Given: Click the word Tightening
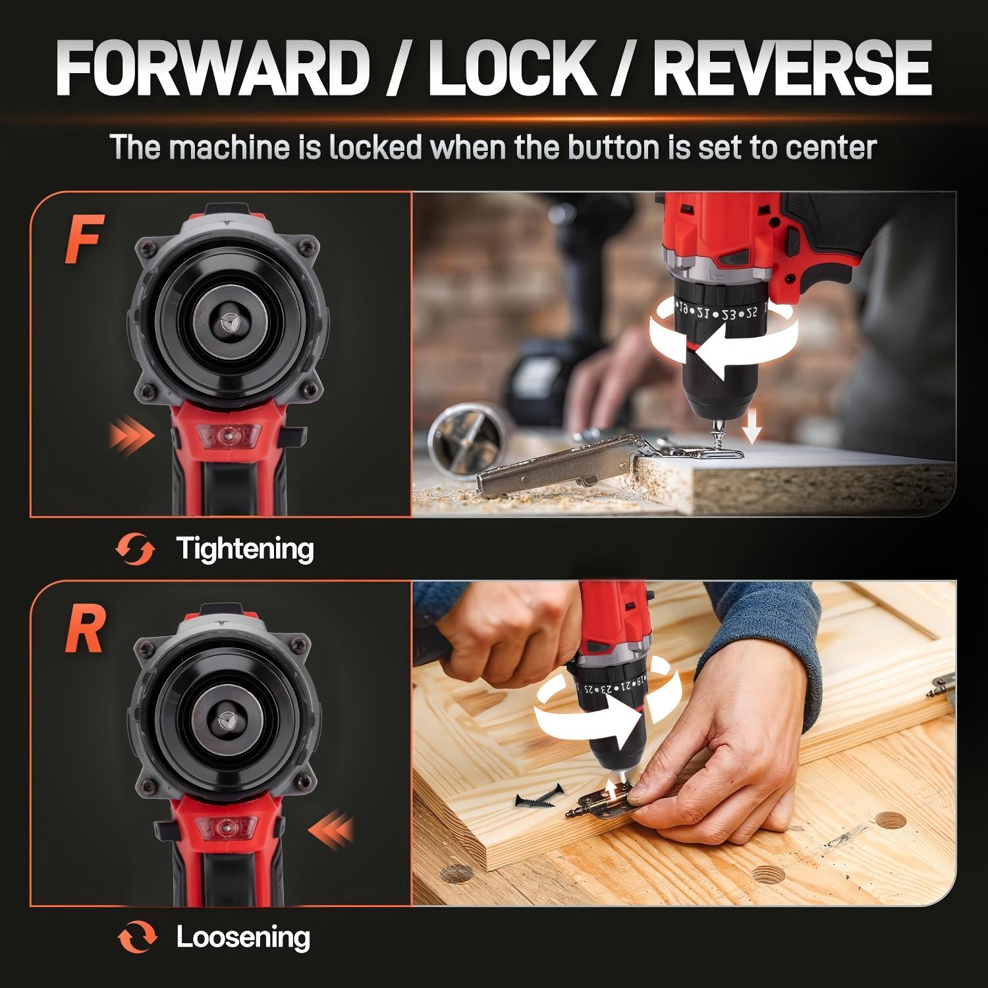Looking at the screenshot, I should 244,549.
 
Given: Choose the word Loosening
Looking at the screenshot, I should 242,937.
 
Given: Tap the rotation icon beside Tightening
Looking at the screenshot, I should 136,549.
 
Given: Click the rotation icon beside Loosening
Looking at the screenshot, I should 136,938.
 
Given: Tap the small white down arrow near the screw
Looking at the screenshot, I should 752,431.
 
